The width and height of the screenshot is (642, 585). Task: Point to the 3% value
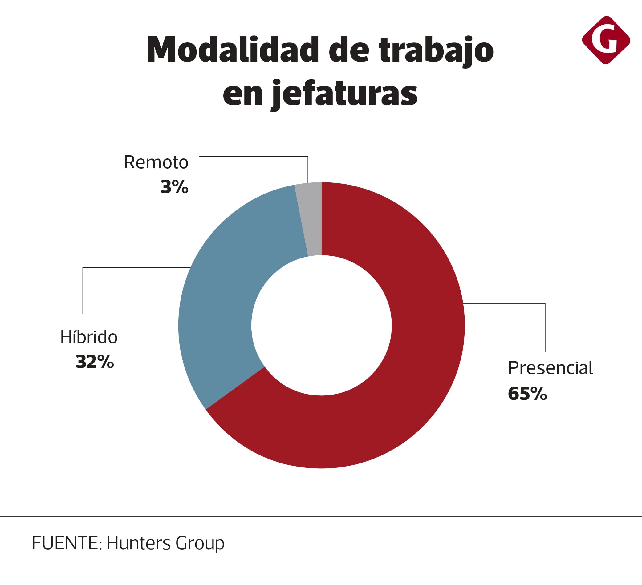[x=174, y=187]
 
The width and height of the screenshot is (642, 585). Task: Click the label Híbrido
[x=89, y=337]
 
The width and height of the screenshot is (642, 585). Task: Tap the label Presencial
[x=550, y=368]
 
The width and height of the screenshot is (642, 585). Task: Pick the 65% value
[x=527, y=394]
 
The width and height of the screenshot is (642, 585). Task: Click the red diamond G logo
[x=606, y=40]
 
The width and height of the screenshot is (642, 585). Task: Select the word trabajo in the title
[x=436, y=51]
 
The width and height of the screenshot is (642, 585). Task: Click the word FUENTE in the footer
[x=65, y=543]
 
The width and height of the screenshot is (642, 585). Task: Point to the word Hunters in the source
[x=139, y=543]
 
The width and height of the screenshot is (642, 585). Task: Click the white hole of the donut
[x=321, y=325]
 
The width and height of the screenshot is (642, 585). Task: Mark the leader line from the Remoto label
[x=255, y=156]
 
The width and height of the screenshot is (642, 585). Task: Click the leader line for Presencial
[x=510, y=303]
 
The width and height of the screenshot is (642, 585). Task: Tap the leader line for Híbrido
[x=134, y=267]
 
